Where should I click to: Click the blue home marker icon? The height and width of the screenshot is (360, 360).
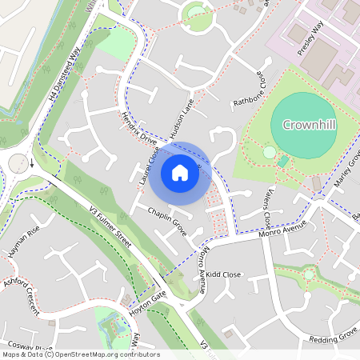[180, 173]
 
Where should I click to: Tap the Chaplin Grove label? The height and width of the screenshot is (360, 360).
[167, 220]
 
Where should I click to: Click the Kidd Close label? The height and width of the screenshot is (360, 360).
[223, 274]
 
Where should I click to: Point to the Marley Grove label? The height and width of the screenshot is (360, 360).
[346, 172]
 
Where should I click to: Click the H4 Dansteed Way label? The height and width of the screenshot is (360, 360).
[65, 74]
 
